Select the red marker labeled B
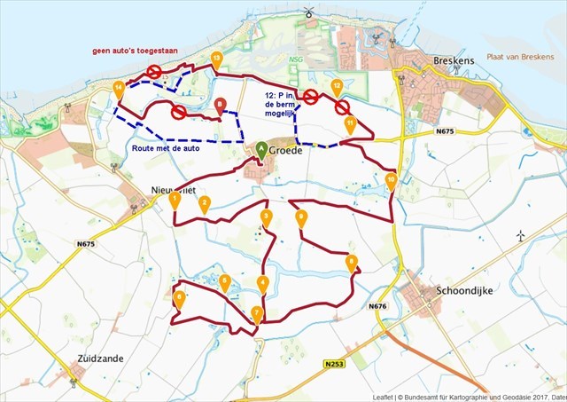point(221,105)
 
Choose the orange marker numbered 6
point(180,298)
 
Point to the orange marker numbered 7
point(257,313)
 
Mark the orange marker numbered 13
point(217,59)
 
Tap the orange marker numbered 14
point(120,88)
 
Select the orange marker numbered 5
point(225,282)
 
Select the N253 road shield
point(333,364)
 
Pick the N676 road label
point(378,306)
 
